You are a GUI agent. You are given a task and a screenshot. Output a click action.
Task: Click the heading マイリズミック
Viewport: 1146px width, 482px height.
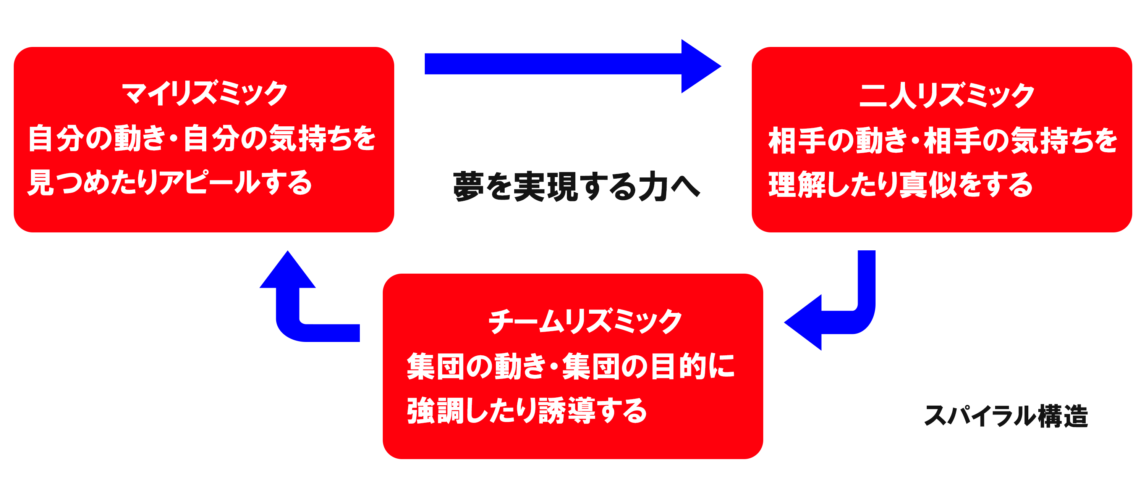click(205, 93)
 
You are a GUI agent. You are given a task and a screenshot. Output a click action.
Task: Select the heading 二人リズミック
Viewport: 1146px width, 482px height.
click(946, 96)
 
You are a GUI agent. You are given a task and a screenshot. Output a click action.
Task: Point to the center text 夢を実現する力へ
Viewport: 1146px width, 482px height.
click(576, 187)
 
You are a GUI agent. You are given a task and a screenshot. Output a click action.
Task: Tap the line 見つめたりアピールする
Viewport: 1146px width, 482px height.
click(170, 183)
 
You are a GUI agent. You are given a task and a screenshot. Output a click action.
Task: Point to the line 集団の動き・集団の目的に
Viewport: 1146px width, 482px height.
click(570, 366)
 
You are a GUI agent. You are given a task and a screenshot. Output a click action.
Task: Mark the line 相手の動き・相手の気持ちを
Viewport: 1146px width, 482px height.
click(942, 140)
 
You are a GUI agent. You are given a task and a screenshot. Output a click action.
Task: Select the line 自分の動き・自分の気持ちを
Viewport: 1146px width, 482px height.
click(202, 138)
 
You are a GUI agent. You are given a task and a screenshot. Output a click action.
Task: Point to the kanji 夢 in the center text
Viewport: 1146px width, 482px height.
click(468, 187)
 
